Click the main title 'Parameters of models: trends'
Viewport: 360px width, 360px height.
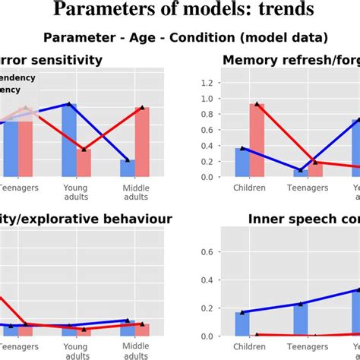click(x=180, y=11)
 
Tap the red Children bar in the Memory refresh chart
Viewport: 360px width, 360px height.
click(x=257, y=141)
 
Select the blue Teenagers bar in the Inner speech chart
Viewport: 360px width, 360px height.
click(x=301, y=320)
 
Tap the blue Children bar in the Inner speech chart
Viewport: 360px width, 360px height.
click(x=242, y=324)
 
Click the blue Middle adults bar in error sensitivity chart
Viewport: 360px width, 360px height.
click(x=128, y=169)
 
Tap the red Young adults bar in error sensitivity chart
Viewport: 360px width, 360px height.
click(x=84, y=163)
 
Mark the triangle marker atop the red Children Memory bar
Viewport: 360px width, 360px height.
click(x=257, y=104)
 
